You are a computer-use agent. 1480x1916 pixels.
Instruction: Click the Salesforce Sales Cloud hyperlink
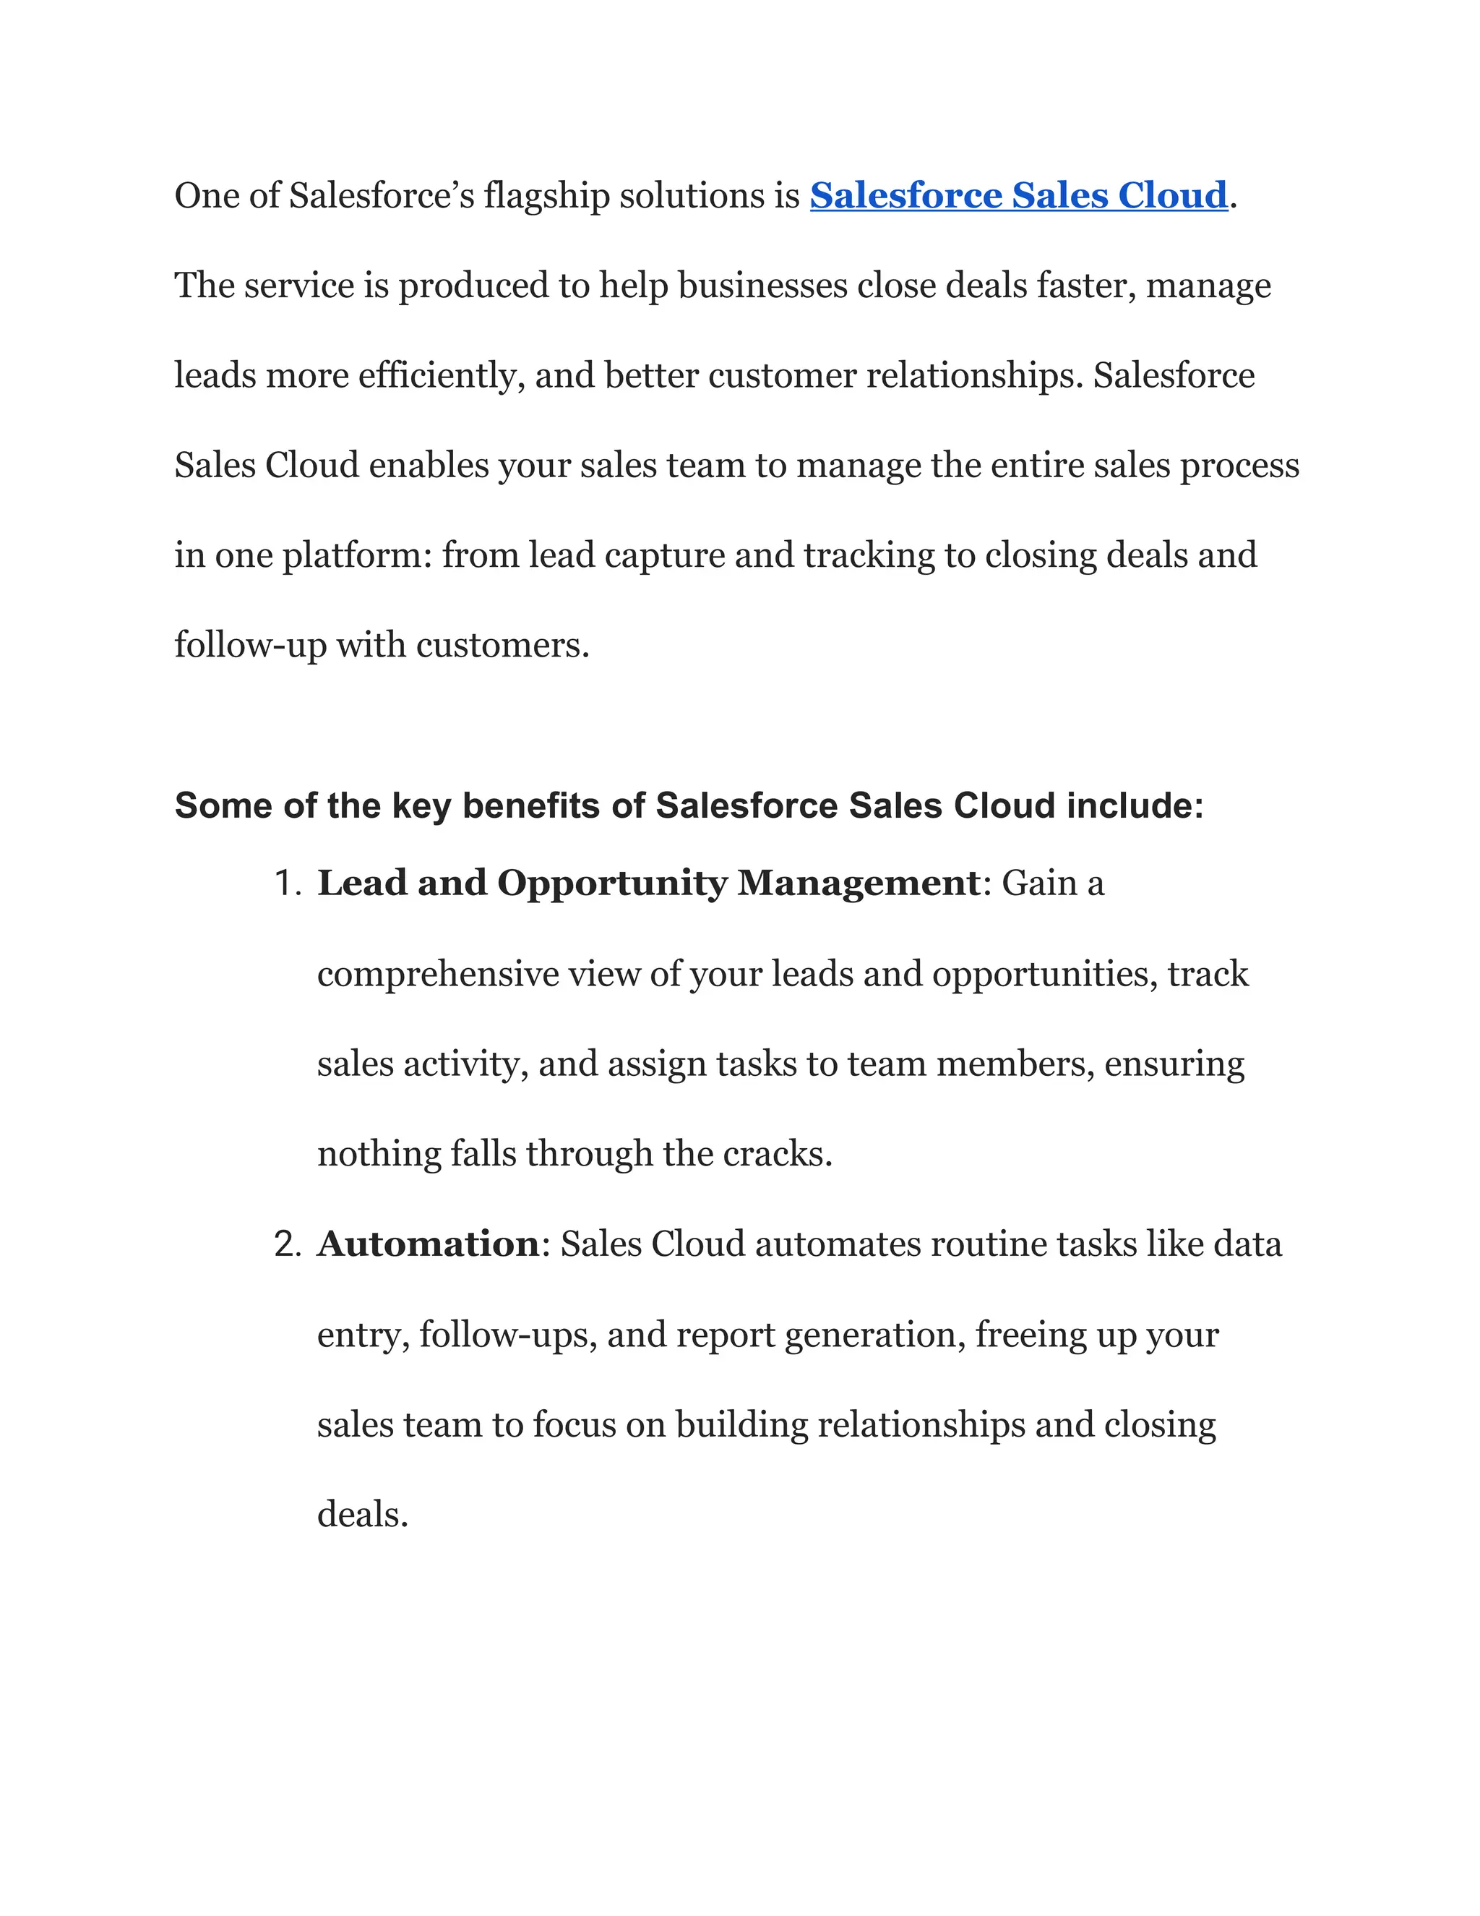[1018, 196]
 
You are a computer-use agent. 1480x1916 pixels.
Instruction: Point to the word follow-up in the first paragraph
[250, 646]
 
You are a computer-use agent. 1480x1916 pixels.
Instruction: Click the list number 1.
[287, 884]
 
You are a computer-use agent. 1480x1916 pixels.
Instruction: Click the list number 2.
[287, 1244]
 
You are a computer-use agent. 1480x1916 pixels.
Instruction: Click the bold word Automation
[428, 1244]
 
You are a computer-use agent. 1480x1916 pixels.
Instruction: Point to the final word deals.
[362, 1515]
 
